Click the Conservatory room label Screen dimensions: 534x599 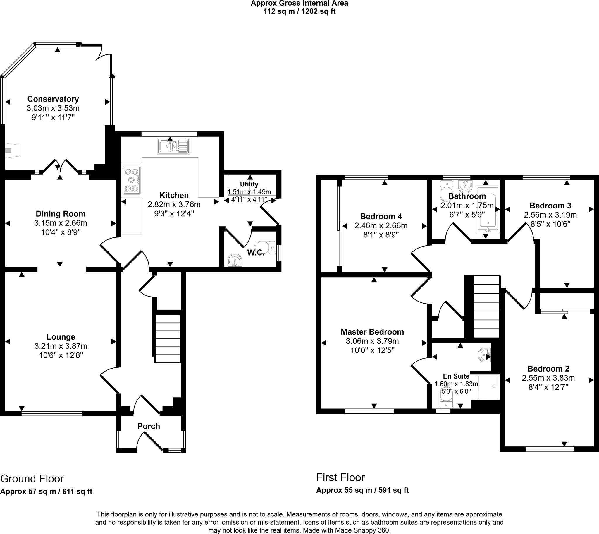(53, 99)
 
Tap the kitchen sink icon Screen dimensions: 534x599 (173, 146)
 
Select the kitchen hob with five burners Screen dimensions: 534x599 (132, 180)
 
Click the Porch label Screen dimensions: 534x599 (149, 426)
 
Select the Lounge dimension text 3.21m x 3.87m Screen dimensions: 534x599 (61, 346)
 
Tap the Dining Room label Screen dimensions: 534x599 (61, 214)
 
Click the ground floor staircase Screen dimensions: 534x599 (168, 339)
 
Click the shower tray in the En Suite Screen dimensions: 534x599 (488, 387)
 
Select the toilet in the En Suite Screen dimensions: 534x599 (447, 398)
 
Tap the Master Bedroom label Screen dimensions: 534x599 (372, 332)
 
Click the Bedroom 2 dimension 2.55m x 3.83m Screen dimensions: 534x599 (548, 378)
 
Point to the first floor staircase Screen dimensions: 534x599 (486, 307)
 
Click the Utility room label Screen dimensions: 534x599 (249, 184)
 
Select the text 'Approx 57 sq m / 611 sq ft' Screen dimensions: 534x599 (46, 492)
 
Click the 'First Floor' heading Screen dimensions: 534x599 (340, 478)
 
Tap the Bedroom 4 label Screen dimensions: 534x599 (381, 217)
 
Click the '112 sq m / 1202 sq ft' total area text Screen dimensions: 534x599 (299, 11)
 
